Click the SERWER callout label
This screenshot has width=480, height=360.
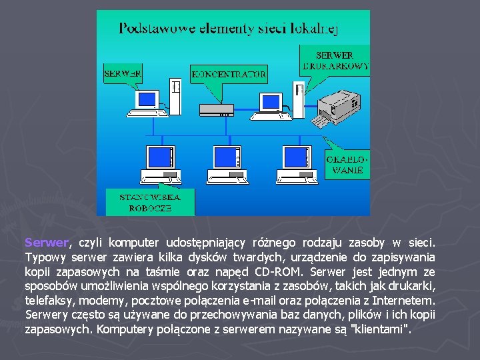point(123,73)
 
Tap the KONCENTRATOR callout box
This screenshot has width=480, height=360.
point(229,74)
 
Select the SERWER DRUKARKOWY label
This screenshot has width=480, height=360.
point(335,60)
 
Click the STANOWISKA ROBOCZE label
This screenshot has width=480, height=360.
point(146,202)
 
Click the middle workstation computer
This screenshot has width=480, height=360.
point(231,164)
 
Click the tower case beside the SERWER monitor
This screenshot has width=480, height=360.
point(175,97)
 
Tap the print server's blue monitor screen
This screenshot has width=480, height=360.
point(270,101)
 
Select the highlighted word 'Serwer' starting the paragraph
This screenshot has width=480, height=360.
point(46,243)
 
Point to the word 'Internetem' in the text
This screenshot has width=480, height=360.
point(407,301)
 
